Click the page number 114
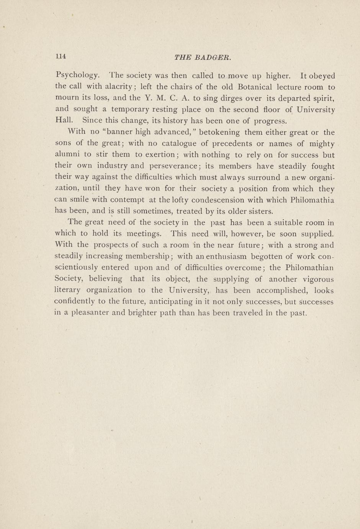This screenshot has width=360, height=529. (x=61, y=56)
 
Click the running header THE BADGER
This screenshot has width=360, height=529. (x=203, y=58)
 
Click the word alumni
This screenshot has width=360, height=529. (x=67, y=154)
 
